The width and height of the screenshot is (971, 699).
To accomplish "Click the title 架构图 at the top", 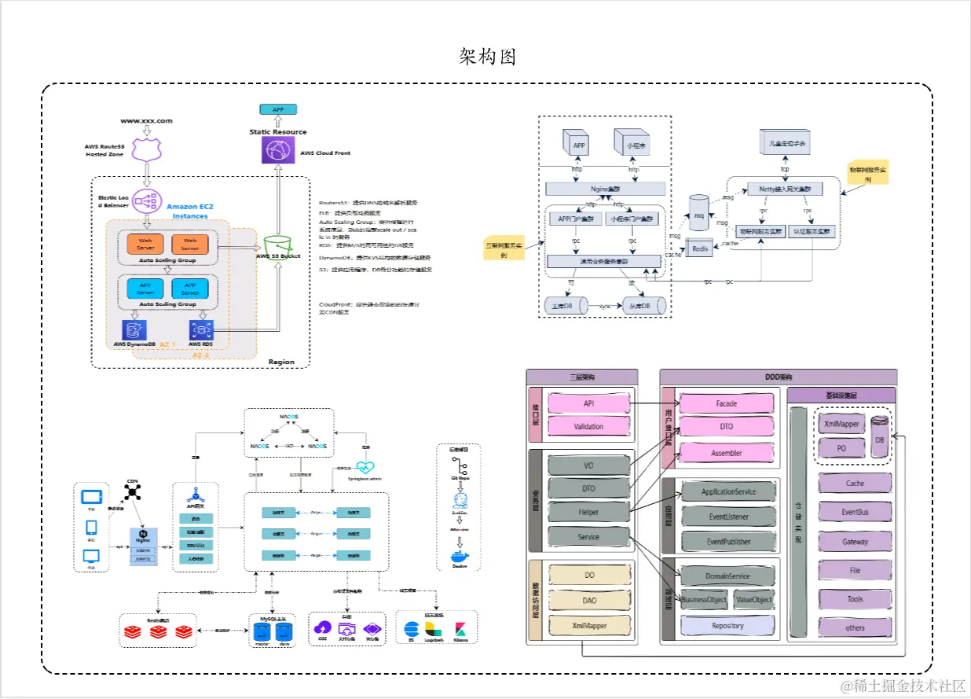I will pos(487,56).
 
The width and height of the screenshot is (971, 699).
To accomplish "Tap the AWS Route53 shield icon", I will pos(146,148).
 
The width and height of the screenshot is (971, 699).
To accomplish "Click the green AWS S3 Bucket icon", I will pos(277,243).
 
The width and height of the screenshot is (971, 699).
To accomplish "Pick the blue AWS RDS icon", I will pos(202,329).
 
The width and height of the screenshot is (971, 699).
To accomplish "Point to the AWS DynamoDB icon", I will pos(134,329).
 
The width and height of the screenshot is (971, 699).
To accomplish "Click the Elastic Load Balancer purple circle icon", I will pos(147,201).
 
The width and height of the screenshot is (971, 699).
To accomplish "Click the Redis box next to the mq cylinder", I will pos(700,248).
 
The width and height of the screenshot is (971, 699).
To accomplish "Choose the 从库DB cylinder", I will pos(643,305).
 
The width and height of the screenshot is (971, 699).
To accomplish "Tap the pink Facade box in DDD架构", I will pos(726,404).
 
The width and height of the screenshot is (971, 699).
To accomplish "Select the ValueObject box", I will pos(753,599).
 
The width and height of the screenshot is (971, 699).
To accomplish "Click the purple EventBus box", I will pos(855,512).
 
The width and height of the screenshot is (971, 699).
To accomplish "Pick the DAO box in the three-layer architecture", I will pos(589,600).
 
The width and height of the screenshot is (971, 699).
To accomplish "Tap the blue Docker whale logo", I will pos(459,557).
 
